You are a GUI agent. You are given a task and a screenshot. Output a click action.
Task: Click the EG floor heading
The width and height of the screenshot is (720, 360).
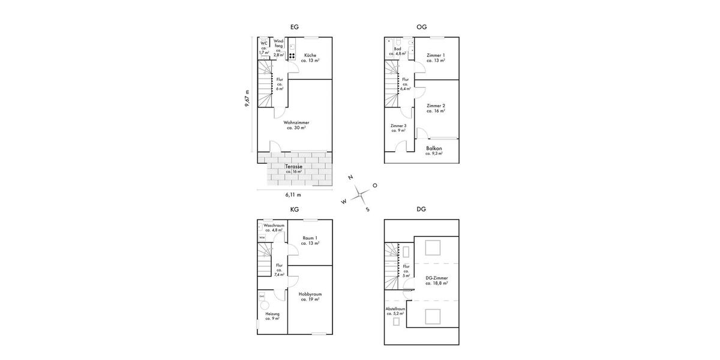(294, 27)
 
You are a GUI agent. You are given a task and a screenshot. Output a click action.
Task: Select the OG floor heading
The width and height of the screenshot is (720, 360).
(421, 27)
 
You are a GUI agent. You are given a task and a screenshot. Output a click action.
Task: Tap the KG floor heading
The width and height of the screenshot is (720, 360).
(294, 209)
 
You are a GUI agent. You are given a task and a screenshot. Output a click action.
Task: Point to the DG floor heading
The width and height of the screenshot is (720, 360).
(421, 209)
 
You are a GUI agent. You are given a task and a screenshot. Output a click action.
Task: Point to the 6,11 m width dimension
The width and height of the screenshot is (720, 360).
(293, 195)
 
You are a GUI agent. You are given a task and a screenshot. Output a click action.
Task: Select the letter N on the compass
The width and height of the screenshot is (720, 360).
(350, 178)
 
